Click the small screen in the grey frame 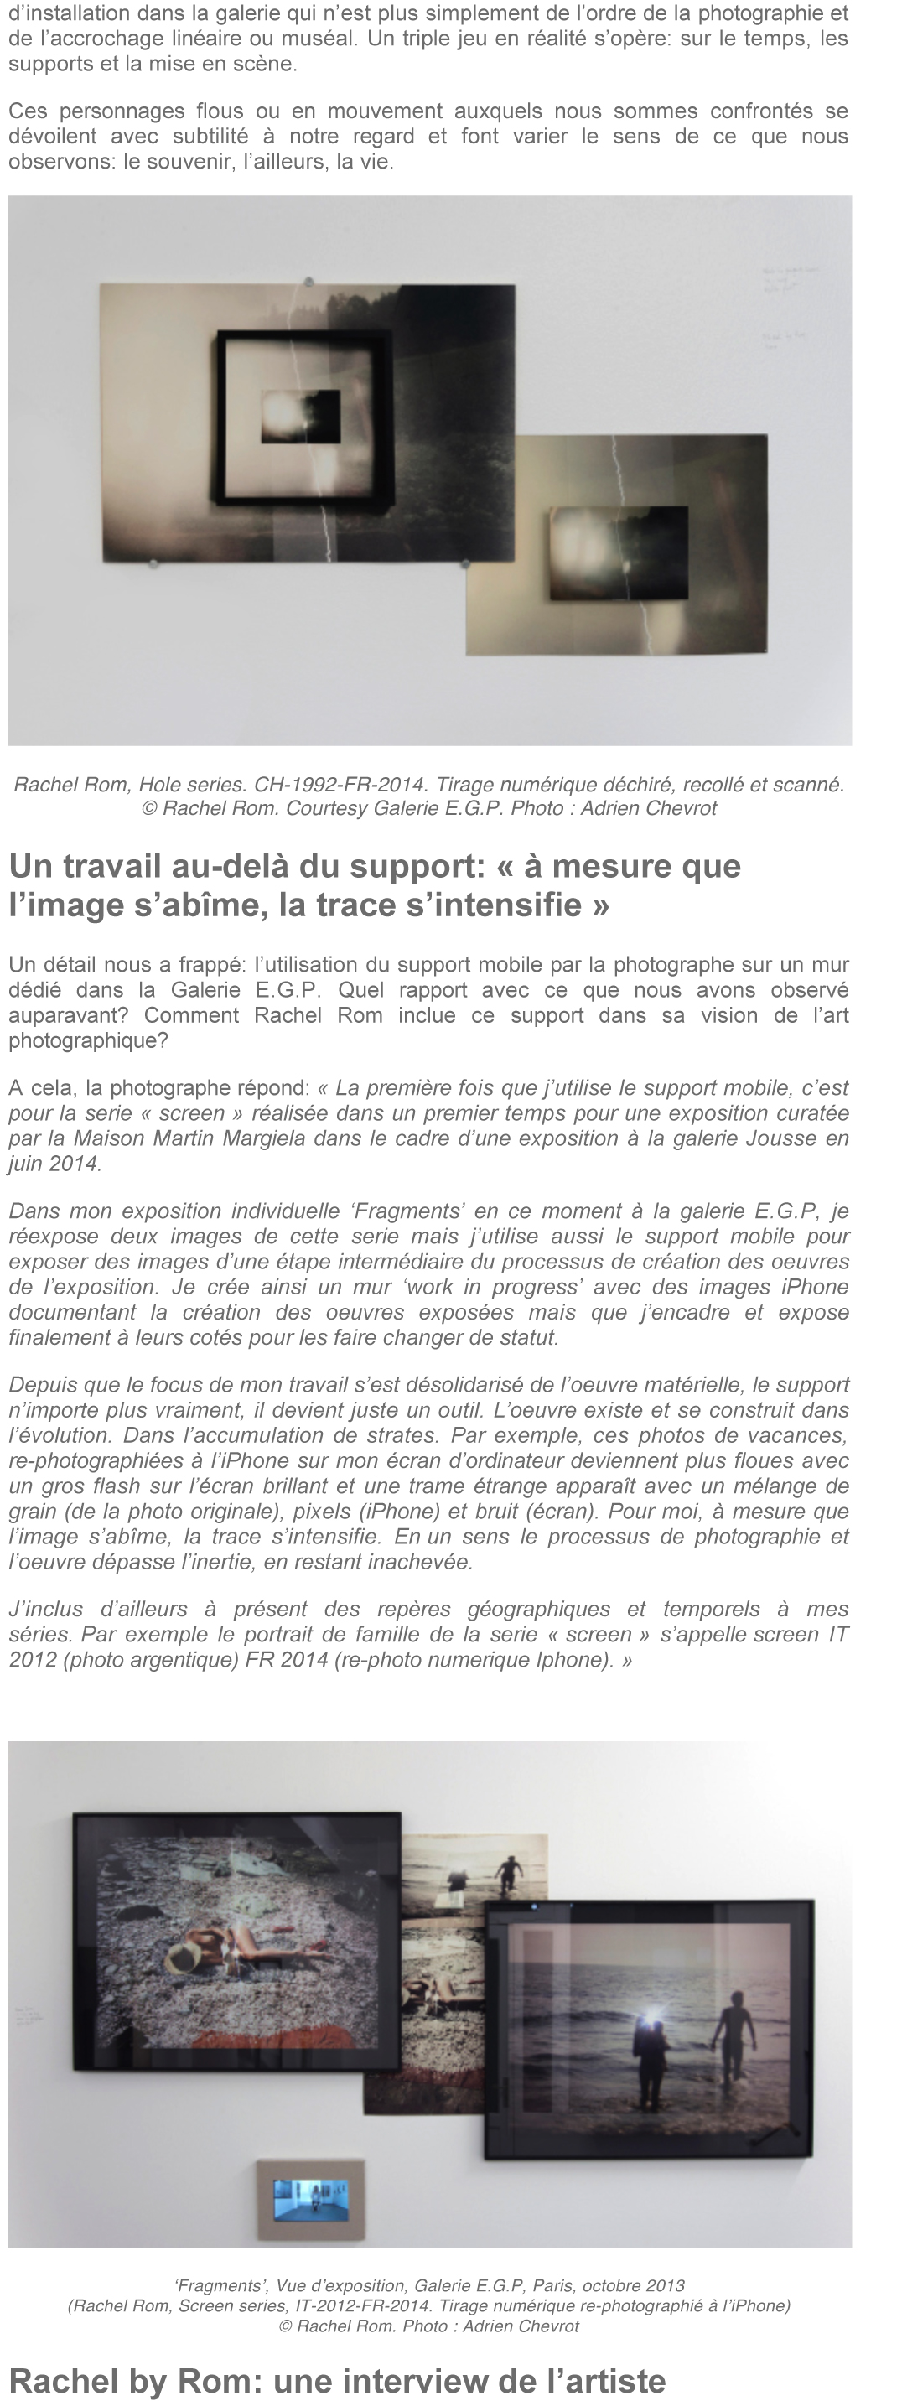311,2199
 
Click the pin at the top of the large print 308,282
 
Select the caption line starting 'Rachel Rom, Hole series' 428,785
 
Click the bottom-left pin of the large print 153,563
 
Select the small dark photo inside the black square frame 300,417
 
